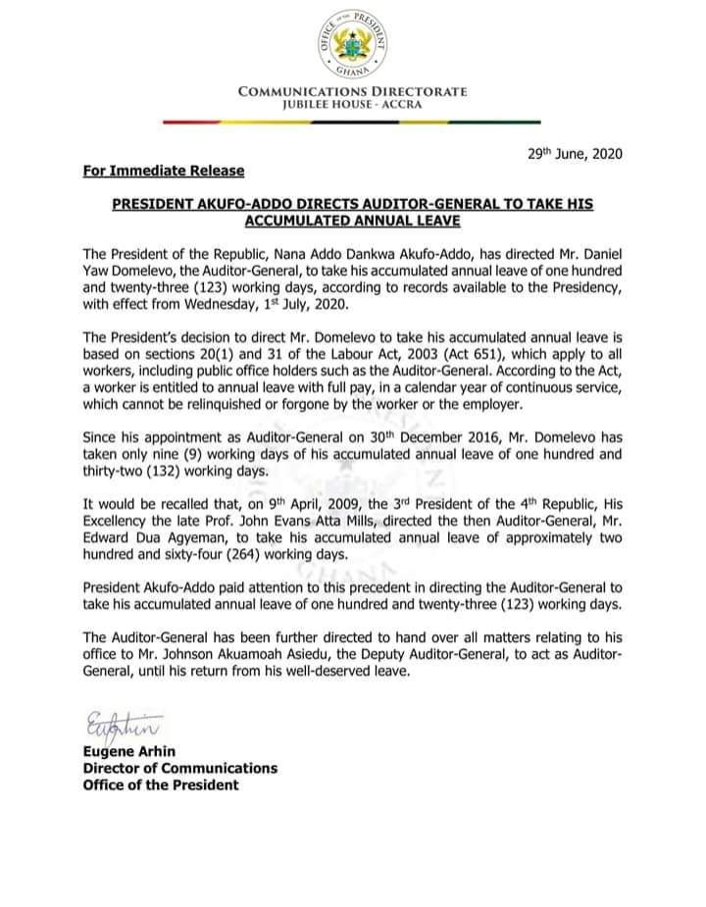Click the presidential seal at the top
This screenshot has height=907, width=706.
tap(353, 45)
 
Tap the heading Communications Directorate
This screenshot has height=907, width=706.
tap(353, 92)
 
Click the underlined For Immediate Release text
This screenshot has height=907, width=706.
tap(164, 172)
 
